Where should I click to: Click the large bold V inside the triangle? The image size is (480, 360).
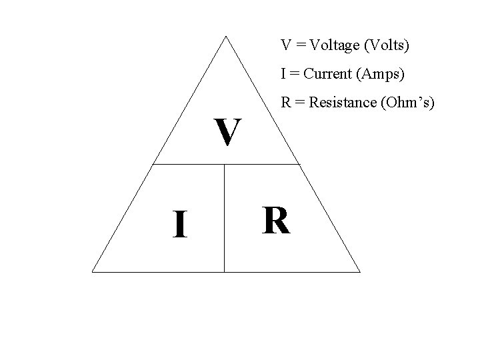click(227, 133)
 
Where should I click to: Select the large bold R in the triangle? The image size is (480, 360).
click(276, 221)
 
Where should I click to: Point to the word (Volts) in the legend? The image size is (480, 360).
click(388, 46)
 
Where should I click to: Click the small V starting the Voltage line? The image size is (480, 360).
click(285, 46)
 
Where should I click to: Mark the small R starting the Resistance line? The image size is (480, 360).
click(285, 103)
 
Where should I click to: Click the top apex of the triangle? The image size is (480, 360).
click(227, 36)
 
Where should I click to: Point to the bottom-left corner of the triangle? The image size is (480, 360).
click(93, 272)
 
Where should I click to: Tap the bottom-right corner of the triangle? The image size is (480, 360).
click(360, 272)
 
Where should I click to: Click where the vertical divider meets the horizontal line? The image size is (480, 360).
click(225, 164)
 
